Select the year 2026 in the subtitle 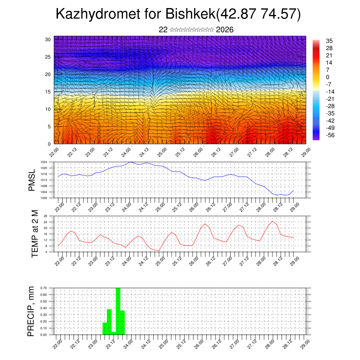[x=225, y=30]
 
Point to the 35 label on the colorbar [x=329, y=41]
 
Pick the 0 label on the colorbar [x=328, y=77]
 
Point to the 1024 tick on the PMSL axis [x=44, y=162]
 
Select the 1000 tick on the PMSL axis [x=44, y=198]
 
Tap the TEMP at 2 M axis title [x=34, y=234]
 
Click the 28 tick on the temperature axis [x=45, y=216]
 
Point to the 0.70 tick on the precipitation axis [x=43, y=288]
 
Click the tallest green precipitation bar [x=118, y=309]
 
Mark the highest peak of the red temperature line [x=272, y=221]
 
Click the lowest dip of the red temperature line [x=159, y=251]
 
